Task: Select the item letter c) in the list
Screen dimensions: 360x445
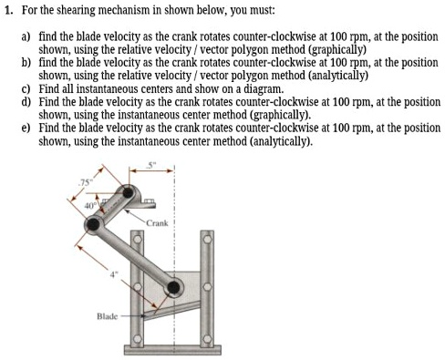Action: [26, 90]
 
